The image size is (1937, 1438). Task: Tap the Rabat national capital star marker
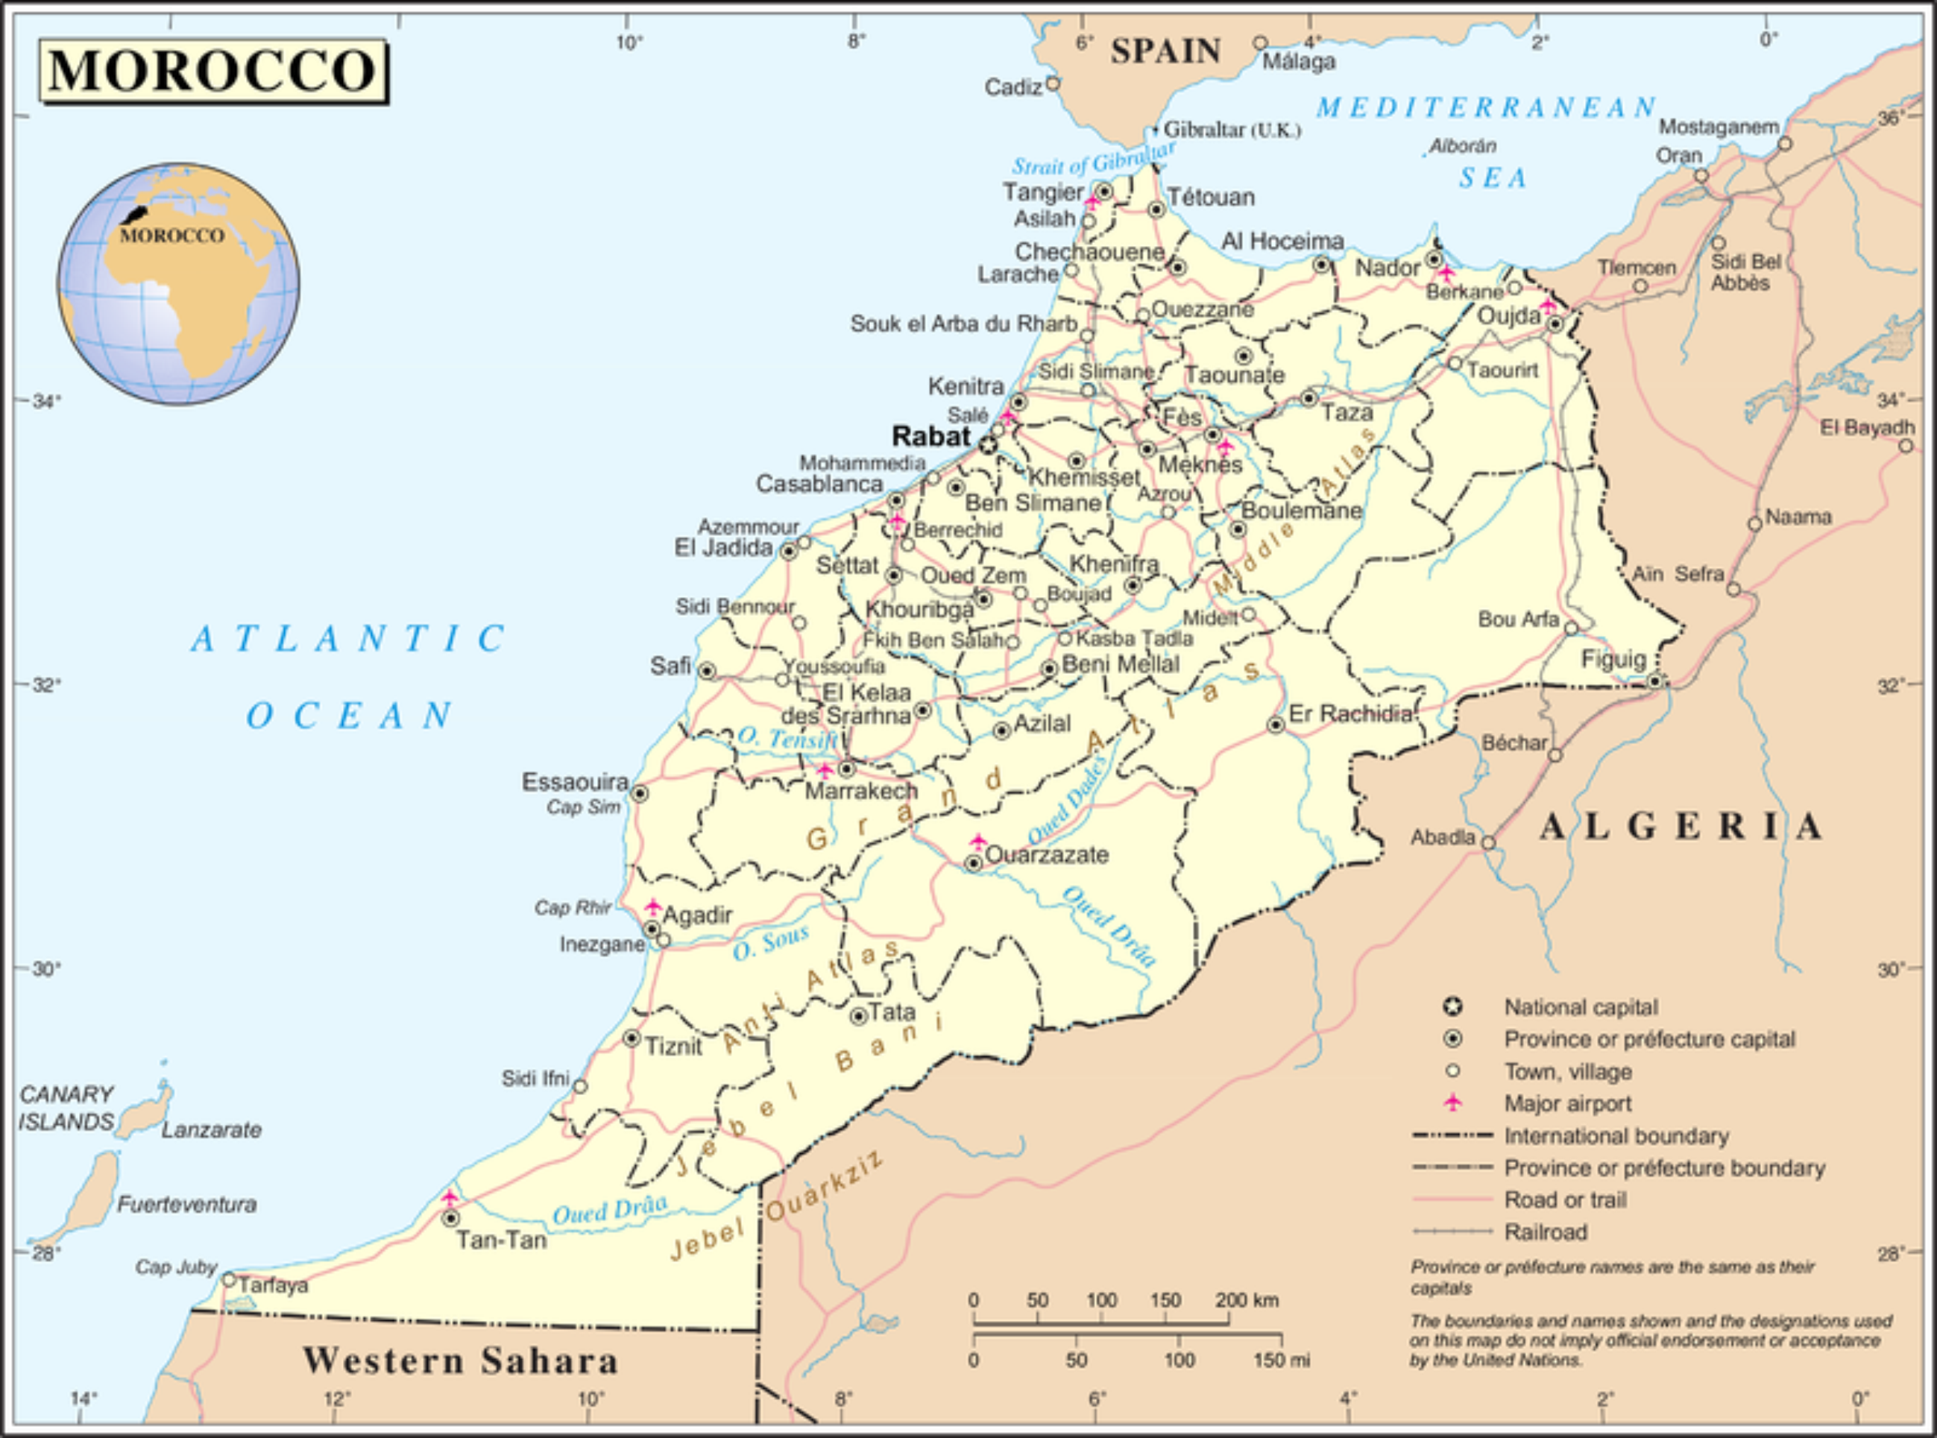[987, 445]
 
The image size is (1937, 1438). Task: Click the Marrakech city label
[860, 790]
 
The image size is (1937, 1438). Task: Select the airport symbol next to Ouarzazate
[977, 842]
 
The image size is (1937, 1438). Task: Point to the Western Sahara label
[461, 1360]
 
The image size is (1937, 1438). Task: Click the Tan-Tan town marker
[450, 1219]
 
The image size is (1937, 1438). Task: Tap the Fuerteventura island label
[186, 1205]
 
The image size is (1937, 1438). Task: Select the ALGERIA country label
[1681, 826]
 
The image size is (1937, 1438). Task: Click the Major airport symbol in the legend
[1452, 1103]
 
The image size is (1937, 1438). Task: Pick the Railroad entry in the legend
[1546, 1232]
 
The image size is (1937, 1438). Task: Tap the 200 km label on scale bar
[1247, 1301]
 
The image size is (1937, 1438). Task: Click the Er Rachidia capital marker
[1276, 725]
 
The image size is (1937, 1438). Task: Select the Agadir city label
[697, 915]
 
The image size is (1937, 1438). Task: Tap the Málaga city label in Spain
[1299, 62]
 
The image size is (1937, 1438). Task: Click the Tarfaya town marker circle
[229, 1279]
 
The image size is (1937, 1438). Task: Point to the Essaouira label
[575, 782]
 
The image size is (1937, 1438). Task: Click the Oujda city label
[1509, 315]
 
